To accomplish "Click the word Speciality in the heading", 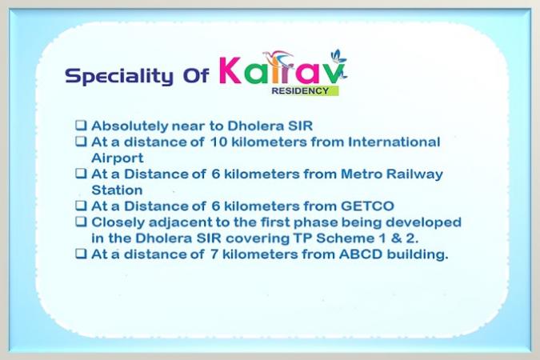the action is coord(119,76).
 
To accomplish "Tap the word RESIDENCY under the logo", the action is coord(300,91).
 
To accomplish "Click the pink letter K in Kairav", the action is coord(230,70).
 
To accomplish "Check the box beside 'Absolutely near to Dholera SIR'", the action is coord(81,125).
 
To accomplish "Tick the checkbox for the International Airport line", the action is coord(81,142).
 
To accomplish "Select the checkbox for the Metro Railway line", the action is coord(81,174).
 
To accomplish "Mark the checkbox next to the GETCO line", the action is coord(81,206).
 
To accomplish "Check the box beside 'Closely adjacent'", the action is coord(81,222).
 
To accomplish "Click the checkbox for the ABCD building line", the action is coord(81,254).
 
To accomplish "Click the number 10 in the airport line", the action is coord(218,142).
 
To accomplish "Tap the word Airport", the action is coord(118,158).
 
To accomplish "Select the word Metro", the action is coord(362,174).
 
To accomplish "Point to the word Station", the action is coord(117,190).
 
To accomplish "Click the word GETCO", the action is coord(367,206).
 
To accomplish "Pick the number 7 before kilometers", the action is coord(214,254).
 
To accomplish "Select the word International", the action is coord(394,142).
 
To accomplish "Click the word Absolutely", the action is coord(129,126).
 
